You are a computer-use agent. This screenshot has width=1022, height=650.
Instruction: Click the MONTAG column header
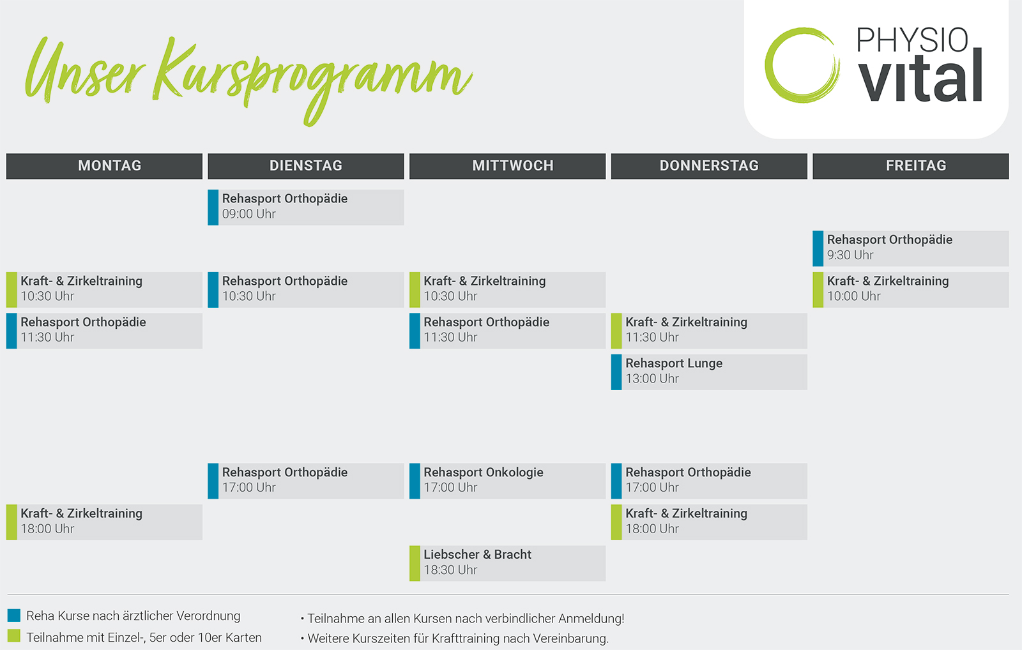pyautogui.click(x=104, y=165)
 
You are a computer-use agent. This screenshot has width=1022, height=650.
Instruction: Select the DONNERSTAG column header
pyautogui.click(x=709, y=165)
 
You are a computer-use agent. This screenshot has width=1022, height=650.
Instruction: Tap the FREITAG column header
pyautogui.click(x=911, y=165)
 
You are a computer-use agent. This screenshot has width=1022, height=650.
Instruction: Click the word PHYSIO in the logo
pyautogui.click(x=911, y=40)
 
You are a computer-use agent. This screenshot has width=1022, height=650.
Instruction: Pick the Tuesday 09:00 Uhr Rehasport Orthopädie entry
pyautogui.click(x=306, y=207)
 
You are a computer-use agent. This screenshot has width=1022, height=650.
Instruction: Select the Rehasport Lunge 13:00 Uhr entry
pyautogui.click(x=709, y=372)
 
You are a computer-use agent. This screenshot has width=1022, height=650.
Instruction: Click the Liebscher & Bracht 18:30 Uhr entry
pyautogui.click(x=507, y=563)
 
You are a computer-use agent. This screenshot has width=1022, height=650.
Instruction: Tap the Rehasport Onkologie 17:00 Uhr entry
pyautogui.click(x=507, y=481)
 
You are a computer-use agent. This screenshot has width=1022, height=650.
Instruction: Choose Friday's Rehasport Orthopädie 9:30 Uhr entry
pyautogui.click(x=911, y=248)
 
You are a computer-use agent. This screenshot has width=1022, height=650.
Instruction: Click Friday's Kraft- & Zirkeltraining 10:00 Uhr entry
pyautogui.click(x=911, y=290)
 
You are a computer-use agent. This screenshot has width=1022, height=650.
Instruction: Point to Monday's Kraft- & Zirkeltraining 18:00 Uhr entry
pyautogui.click(x=104, y=522)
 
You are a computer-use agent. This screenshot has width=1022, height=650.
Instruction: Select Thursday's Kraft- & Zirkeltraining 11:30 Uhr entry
pyautogui.click(x=709, y=331)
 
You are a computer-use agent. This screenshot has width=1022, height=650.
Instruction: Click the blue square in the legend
pyautogui.click(x=14, y=616)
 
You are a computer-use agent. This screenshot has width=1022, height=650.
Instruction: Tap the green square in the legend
pyautogui.click(x=14, y=636)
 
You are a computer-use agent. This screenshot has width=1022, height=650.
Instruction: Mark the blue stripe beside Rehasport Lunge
pyautogui.click(x=616, y=372)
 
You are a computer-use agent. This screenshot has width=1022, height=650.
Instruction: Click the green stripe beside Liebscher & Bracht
pyautogui.click(x=415, y=563)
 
